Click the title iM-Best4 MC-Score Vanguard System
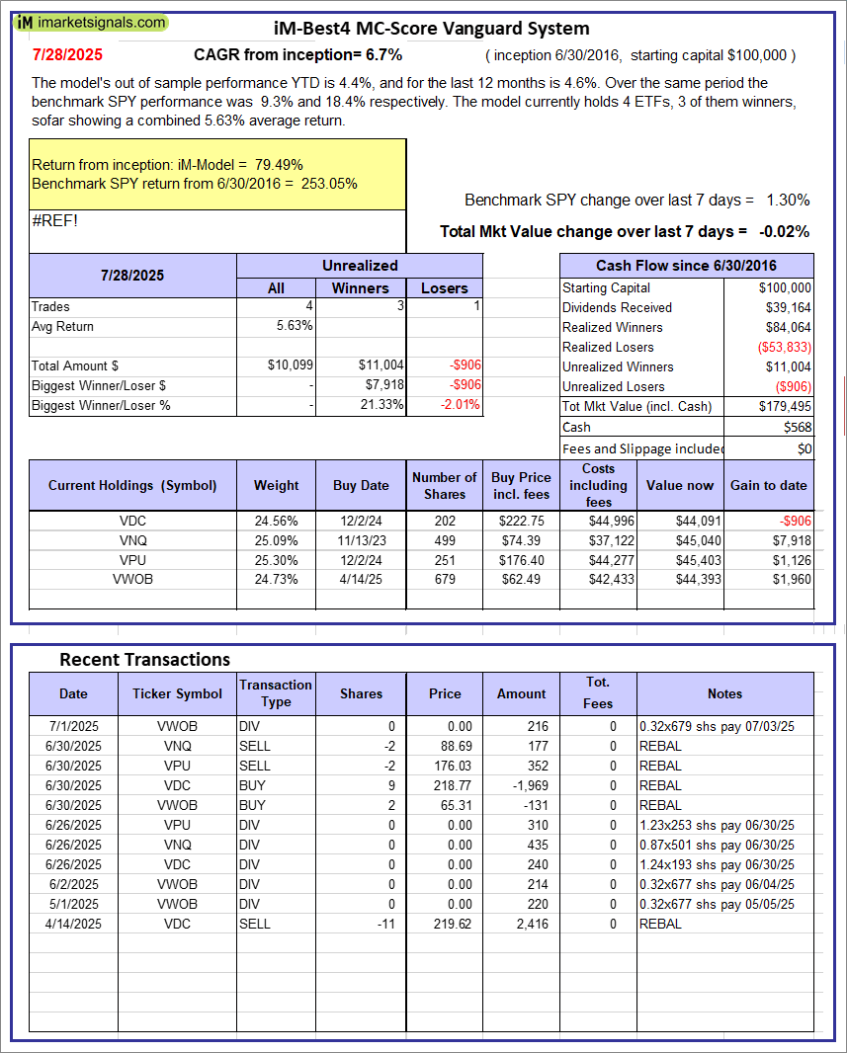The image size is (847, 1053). pos(431,29)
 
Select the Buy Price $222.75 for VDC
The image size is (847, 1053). pos(519,520)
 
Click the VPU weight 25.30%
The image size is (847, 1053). pos(276,559)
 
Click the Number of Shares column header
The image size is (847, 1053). pos(444,485)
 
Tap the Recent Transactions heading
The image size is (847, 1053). pos(144,659)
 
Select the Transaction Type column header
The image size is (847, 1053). pos(276,693)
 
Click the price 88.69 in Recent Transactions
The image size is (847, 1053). pos(445,746)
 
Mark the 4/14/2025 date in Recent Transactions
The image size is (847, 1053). pos(73,924)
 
